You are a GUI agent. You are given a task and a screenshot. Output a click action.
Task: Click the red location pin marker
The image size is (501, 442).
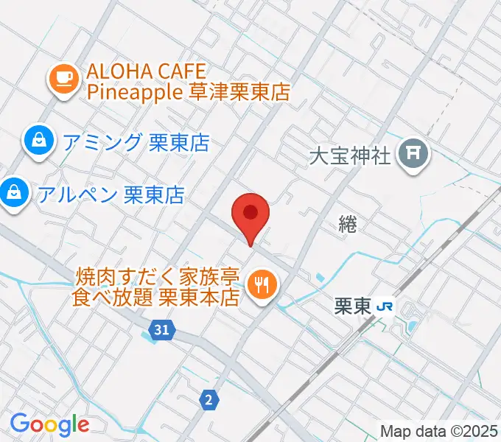point(251,214)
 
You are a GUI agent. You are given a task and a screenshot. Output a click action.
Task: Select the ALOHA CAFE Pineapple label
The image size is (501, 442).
point(187,83)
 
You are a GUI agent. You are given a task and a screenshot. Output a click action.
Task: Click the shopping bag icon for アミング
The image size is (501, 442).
point(35,141)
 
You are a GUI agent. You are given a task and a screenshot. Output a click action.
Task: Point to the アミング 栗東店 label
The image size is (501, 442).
point(136,141)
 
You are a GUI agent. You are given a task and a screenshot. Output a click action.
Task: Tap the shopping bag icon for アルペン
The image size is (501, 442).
point(12,194)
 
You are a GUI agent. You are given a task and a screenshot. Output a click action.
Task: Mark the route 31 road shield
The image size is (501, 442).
point(164,331)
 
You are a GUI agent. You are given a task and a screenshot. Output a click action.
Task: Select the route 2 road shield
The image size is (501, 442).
point(209,400)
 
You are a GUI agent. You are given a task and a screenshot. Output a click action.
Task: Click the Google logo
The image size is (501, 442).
point(49,424)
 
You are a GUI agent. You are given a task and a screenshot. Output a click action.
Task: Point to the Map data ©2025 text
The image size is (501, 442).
point(438,429)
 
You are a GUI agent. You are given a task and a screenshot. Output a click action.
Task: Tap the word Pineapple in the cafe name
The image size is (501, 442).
point(135,93)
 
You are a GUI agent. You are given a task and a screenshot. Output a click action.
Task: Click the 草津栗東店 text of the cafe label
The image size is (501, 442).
point(237,93)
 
